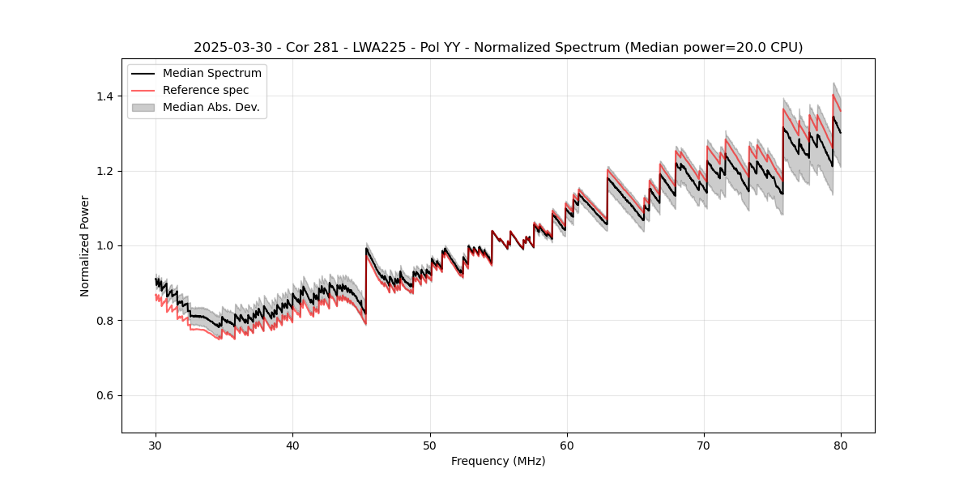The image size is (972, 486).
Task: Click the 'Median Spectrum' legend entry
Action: tap(211, 74)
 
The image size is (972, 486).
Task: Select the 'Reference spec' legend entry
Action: tap(206, 90)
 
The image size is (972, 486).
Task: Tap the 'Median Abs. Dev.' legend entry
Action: tap(211, 107)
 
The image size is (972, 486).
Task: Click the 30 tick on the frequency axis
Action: tap(156, 446)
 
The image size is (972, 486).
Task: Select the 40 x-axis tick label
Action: tap(293, 446)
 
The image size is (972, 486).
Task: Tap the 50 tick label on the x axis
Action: tap(430, 446)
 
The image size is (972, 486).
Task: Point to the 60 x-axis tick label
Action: tap(567, 446)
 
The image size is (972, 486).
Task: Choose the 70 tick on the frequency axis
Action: tap(704, 446)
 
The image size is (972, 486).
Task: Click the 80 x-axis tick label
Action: tap(841, 446)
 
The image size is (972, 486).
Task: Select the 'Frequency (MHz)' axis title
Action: tap(498, 461)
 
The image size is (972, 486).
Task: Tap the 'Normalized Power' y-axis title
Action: tap(85, 245)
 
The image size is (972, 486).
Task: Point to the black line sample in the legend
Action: tap(143, 74)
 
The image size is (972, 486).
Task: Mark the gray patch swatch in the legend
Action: tap(143, 107)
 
